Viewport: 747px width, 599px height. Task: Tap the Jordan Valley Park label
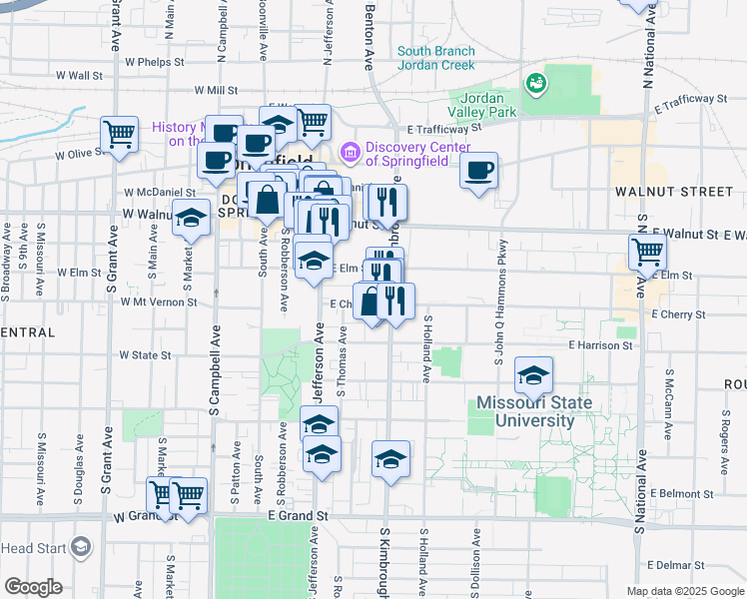click(x=488, y=104)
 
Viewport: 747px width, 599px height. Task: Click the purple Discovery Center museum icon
click(x=350, y=152)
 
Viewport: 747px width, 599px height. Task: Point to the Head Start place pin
click(x=81, y=548)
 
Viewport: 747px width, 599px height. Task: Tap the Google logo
click(x=33, y=587)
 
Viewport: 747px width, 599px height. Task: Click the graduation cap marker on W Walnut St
click(x=190, y=219)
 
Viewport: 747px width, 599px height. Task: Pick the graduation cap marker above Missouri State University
click(x=533, y=375)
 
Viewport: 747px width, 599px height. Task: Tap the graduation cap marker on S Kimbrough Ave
click(x=390, y=458)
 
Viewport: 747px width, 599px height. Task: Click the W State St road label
click(x=145, y=354)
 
